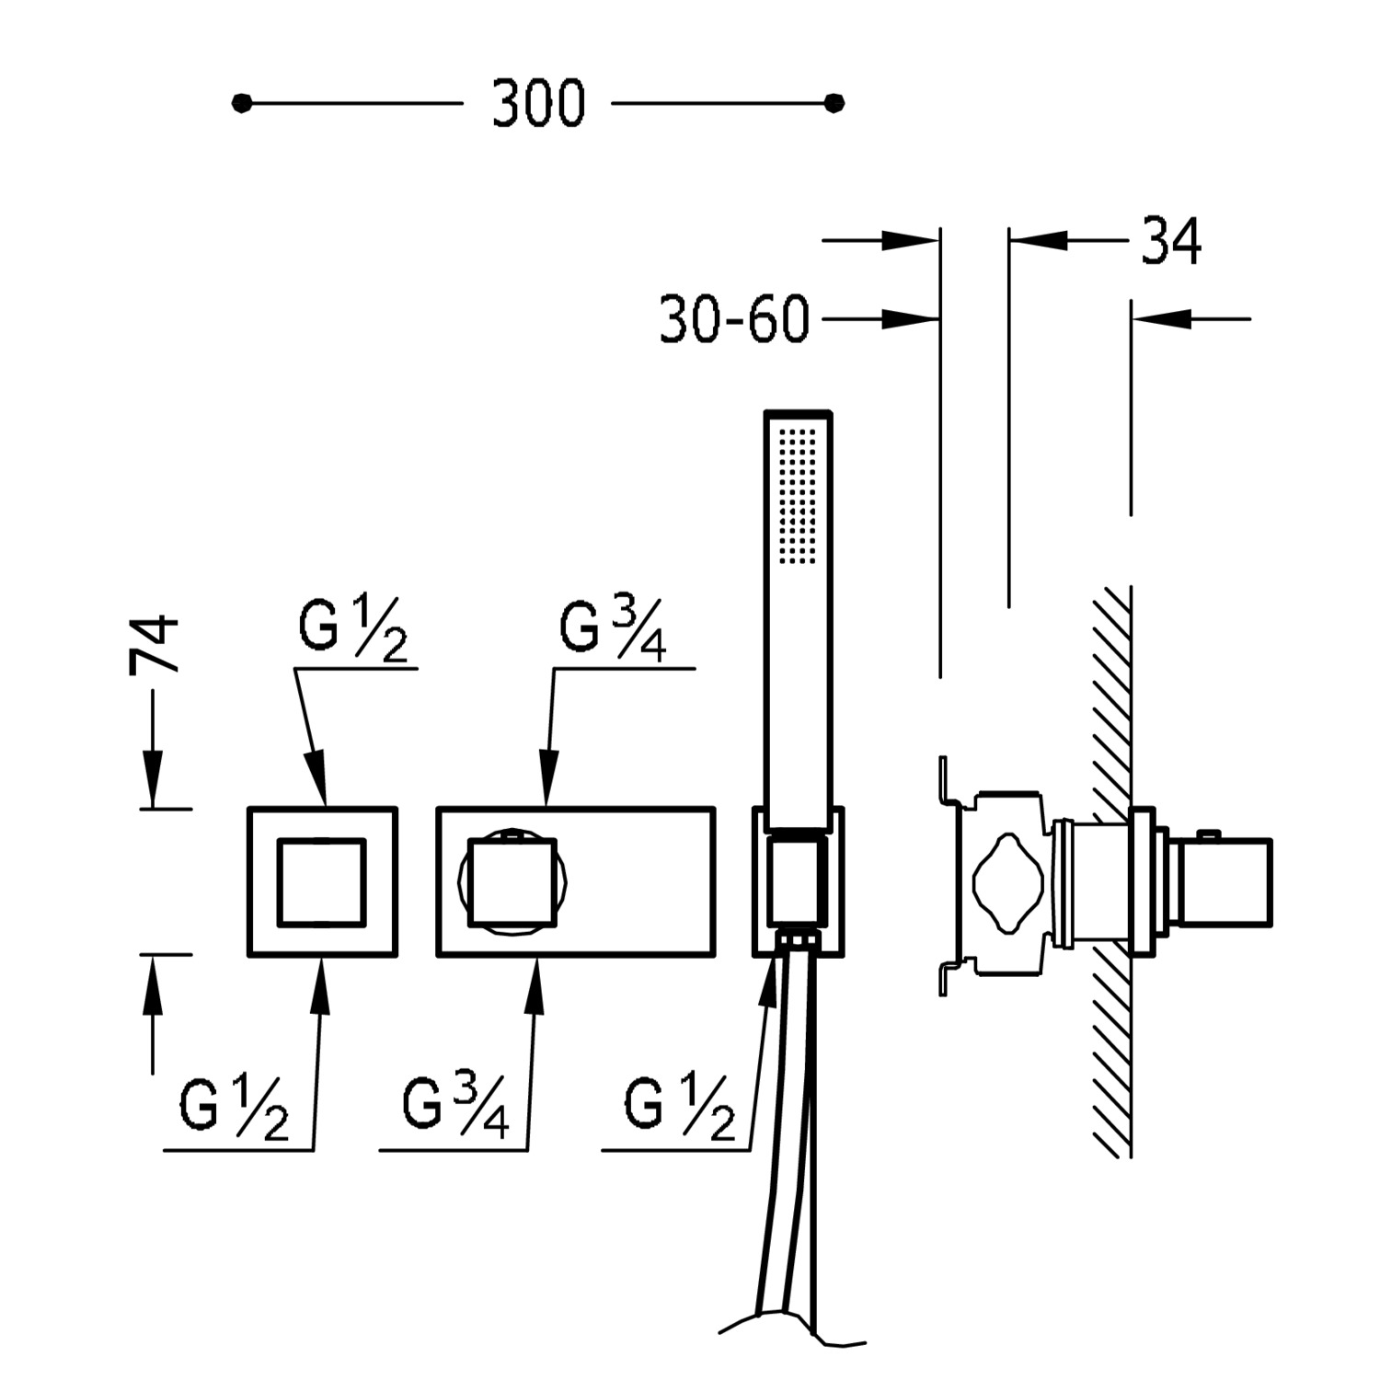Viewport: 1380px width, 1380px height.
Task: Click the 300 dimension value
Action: tap(538, 103)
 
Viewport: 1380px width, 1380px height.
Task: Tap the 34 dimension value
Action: tap(1171, 241)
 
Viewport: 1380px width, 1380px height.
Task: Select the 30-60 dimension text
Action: tap(734, 320)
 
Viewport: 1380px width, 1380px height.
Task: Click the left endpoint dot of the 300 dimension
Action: tap(242, 104)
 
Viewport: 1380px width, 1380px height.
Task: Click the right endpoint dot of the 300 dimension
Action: tap(834, 104)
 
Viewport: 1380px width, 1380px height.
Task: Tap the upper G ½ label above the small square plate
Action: tap(352, 630)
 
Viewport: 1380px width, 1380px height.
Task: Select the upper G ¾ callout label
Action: tap(614, 630)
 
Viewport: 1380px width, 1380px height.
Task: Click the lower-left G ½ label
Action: tap(235, 1109)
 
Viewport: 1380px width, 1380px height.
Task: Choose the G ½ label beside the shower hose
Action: tap(680, 1109)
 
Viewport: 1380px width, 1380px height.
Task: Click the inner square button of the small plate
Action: tap(322, 881)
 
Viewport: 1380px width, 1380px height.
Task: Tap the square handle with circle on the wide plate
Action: tap(513, 881)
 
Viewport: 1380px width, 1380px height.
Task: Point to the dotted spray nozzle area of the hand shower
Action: tap(798, 495)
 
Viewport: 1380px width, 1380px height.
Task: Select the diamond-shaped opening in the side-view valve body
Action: tap(1010, 884)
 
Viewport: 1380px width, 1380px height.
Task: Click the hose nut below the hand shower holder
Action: tap(798, 941)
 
